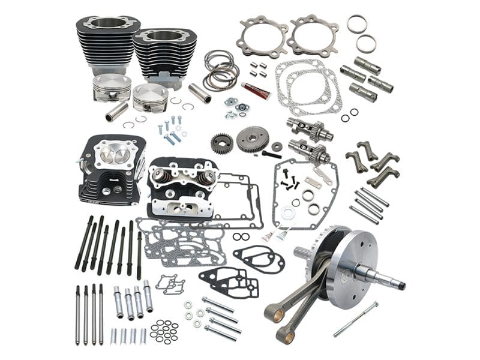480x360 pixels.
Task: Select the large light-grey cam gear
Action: (x=252, y=139)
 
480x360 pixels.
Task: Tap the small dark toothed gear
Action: (x=222, y=143)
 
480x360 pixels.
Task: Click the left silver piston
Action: (x=112, y=88)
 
